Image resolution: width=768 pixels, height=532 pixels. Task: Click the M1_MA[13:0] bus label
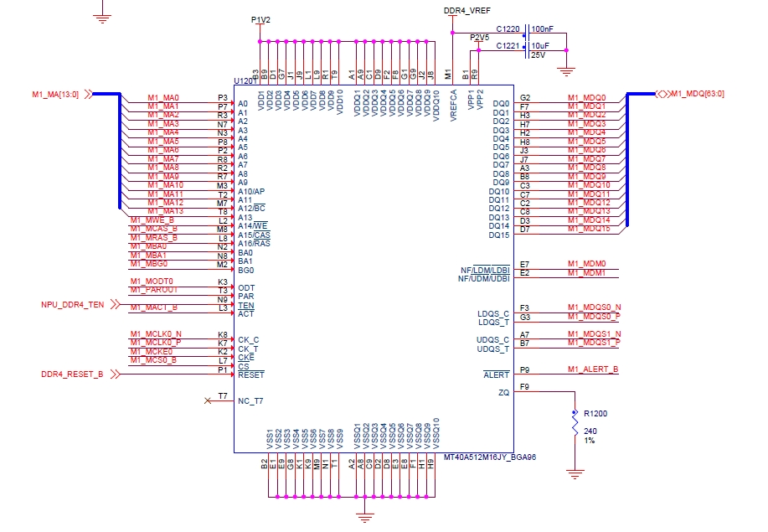click(55, 94)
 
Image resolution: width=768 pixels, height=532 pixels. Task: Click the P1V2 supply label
click(260, 18)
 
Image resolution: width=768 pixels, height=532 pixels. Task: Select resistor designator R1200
click(595, 414)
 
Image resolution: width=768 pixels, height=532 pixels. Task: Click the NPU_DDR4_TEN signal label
click(73, 305)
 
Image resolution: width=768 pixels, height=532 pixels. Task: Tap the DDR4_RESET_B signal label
click(72, 374)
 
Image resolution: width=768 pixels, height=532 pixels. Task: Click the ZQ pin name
click(503, 392)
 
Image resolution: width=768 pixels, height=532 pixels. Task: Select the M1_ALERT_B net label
click(592, 369)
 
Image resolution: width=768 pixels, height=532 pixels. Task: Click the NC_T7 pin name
click(250, 401)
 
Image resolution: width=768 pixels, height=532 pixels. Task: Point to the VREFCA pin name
click(453, 106)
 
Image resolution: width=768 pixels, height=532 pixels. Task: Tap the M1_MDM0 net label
click(586, 264)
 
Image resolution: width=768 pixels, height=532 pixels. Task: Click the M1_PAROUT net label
click(154, 290)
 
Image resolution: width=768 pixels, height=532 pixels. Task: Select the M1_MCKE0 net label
click(152, 351)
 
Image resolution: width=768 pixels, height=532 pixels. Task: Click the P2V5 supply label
click(478, 38)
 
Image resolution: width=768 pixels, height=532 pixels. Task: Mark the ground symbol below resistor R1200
click(575, 474)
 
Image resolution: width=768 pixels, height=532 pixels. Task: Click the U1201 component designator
click(245, 80)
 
